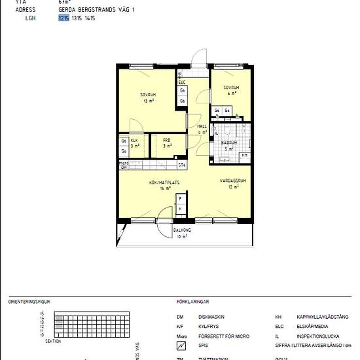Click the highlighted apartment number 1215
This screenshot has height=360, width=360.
(63, 19)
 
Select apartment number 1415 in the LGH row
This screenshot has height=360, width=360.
(90, 19)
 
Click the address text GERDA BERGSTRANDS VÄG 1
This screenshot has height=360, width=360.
(96, 10)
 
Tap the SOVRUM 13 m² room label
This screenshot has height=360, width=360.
(149, 98)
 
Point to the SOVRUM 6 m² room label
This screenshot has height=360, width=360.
(230, 90)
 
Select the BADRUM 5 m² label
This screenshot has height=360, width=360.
(229, 145)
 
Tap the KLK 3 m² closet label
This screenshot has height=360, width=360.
(134, 143)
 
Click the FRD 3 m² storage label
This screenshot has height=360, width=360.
(167, 143)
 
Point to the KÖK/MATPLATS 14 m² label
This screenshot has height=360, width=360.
(160, 185)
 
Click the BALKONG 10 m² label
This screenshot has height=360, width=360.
(182, 233)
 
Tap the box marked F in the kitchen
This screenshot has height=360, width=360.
(180, 198)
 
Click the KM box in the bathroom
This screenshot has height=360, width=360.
(244, 155)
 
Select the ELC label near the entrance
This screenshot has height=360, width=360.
(181, 82)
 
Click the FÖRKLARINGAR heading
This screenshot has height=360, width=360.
(192, 302)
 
